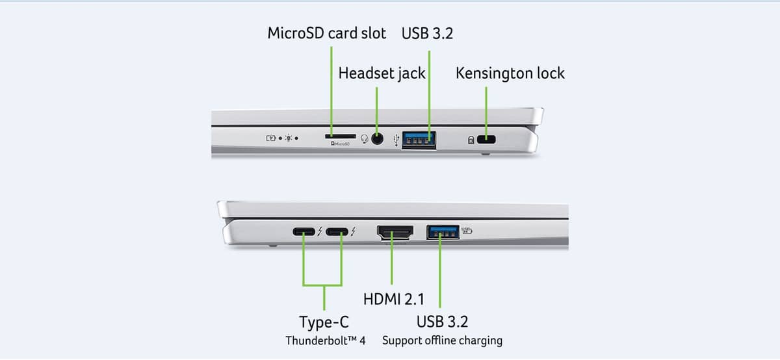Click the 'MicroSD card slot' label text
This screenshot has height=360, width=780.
point(326,33)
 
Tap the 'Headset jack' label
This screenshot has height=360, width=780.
point(382,73)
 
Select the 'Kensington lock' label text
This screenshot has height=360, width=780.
point(510,73)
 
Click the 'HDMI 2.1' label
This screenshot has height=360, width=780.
point(393,300)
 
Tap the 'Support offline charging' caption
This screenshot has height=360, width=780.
point(442,340)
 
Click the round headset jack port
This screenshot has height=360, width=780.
point(378,138)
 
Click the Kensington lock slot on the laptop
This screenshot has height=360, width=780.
point(486,139)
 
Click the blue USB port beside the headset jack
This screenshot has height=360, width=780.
point(418,138)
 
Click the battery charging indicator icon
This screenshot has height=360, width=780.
point(271,138)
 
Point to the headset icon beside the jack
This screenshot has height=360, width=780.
point(364,138)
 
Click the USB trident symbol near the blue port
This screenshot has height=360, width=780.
point(397,138)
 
